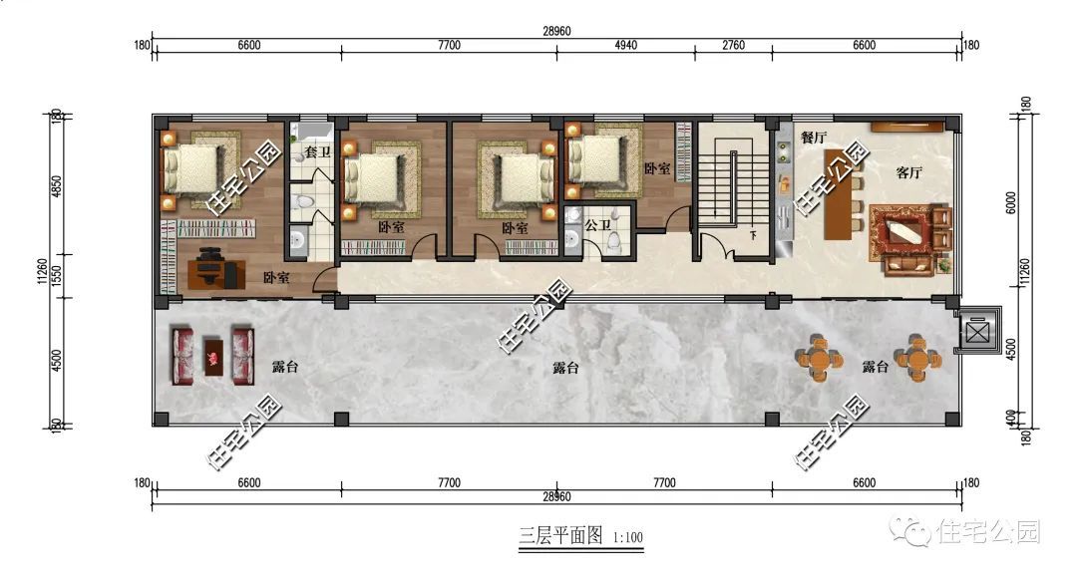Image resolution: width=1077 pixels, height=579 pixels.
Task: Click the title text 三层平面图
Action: pyautogui.click(x=560, y=536)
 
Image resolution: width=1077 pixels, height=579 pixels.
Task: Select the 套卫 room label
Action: pyautogui.click(x=317, y=152)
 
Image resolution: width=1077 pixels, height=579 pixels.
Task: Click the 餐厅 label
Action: pyautogui.click(x=814, y=138)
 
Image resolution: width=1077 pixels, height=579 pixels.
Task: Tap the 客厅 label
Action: pyautogui.click(x=908, y=172)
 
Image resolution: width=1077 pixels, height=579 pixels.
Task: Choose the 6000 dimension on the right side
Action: pyautogui.click(x=1011, y=202)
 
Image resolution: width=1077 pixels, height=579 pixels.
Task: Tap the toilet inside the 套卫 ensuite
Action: pyautogui.click(x=307, y=203)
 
